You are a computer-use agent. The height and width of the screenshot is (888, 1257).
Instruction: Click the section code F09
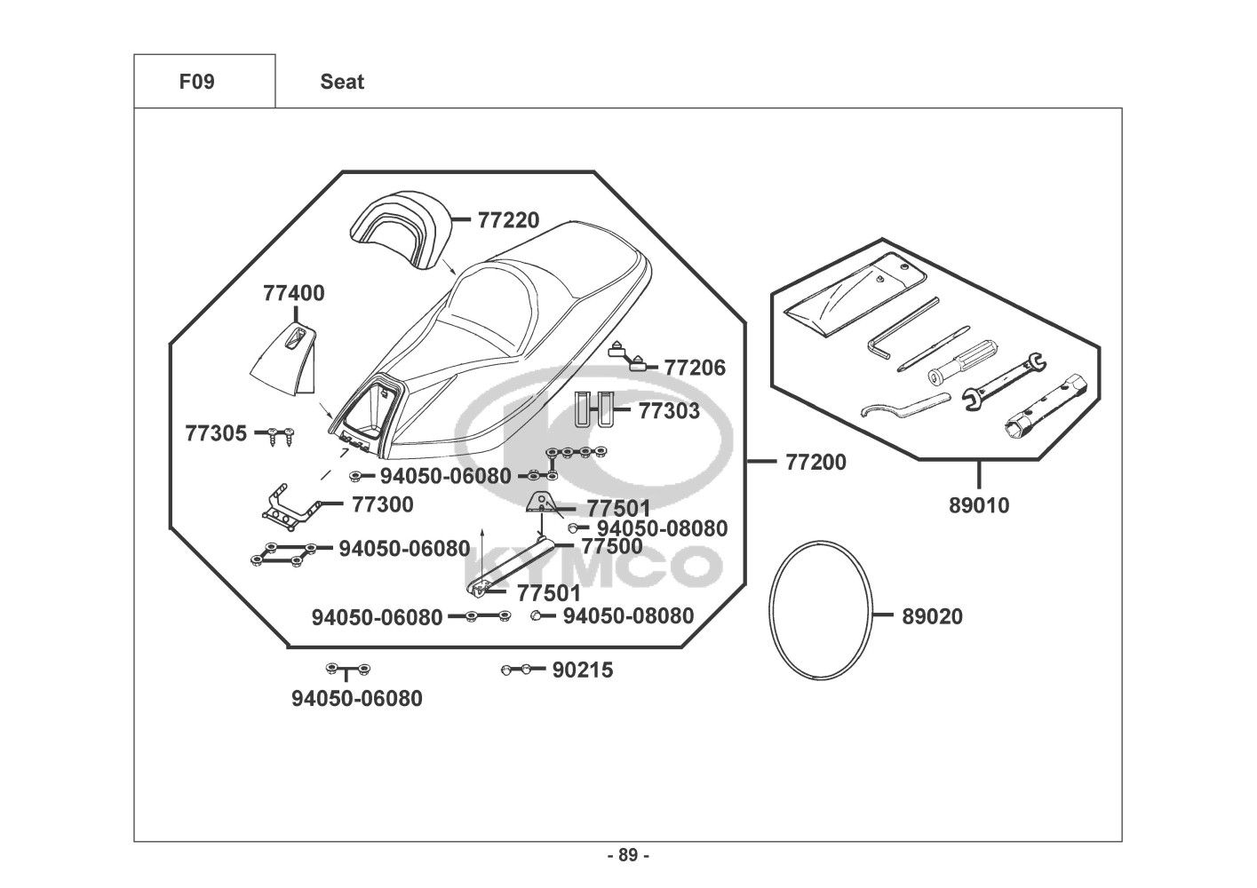click(196, 82)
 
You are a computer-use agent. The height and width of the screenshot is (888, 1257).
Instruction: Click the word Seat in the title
click(342, 82)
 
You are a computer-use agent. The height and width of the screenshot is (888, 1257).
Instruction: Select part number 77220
click(508, 220)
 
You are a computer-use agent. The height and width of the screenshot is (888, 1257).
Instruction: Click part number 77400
click(293, 293)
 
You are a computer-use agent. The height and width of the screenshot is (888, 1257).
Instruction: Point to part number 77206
click(695, 367)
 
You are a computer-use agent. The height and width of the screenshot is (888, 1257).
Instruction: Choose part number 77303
click(669, 411)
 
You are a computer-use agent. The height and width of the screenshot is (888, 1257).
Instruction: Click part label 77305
click(216, 434)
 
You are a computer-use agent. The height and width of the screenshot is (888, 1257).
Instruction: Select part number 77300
click(382, 504)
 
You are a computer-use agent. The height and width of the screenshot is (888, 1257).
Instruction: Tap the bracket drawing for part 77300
click(290, 506)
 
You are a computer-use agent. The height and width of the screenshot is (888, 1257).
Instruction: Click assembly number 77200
click(815, 462)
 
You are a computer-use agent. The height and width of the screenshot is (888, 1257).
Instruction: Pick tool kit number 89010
click(979, 506)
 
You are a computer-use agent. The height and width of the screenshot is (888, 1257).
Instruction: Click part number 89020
click(932, 616)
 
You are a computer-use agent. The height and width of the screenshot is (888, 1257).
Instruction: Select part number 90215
click(582, 670)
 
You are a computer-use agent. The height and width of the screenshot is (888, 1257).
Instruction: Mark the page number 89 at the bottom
click(628, 856)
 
